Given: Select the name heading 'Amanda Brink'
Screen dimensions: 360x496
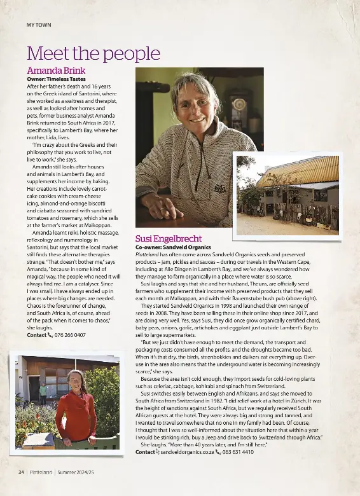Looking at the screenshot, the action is [x=56, y=70].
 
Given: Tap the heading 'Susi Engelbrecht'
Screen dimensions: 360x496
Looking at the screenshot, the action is [x=169, y=238].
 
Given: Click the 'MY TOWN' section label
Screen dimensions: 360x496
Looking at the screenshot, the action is [x=39, y=25].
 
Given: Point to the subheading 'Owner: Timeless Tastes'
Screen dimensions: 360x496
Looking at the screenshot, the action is [x=56, y=79].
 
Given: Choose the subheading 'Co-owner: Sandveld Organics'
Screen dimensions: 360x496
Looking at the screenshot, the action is [x=173, y=246].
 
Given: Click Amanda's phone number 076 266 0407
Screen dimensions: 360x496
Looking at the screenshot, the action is [x=70, y=334].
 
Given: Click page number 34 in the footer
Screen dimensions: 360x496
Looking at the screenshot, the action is [x=21, y=472].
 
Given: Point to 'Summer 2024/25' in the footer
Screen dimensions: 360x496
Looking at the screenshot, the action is [x=76, y=472].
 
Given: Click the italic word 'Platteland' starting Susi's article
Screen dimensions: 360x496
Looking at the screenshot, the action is [x=147, y=254].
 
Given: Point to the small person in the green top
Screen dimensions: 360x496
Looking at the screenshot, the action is [x=44, y=394].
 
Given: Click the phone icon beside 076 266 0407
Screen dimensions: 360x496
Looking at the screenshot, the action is [x=50, y=334].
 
